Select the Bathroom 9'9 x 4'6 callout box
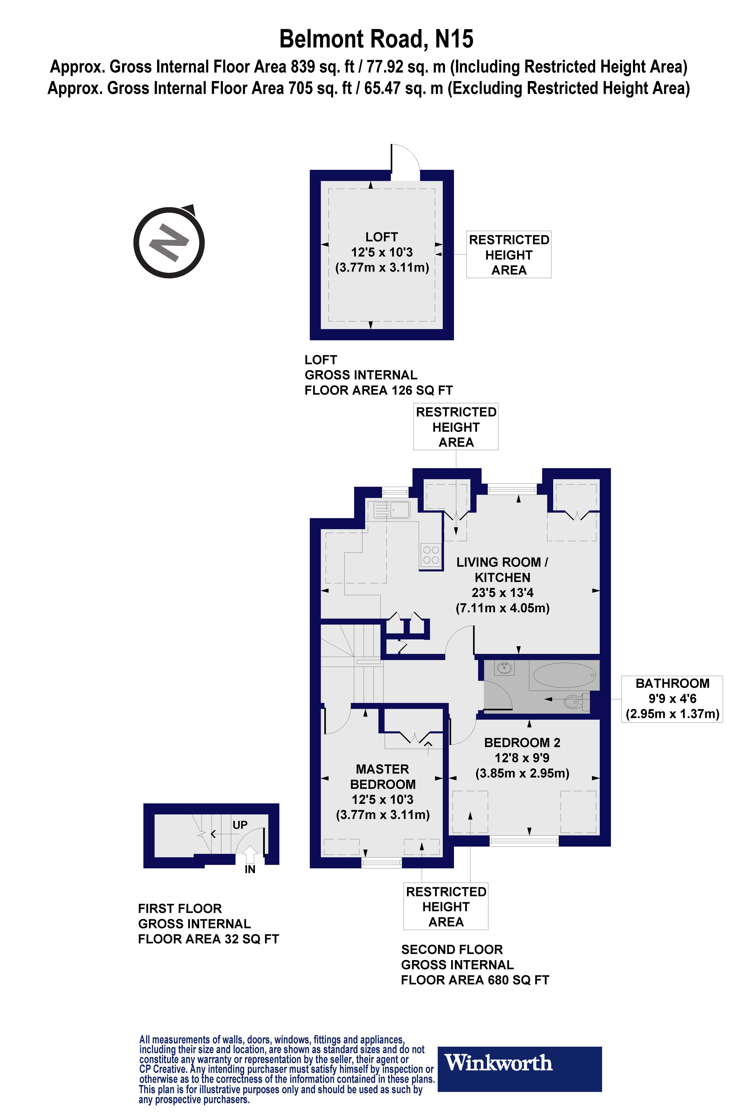click(672, 699)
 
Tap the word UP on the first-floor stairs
click(240, 825)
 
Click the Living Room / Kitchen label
click(502, 570)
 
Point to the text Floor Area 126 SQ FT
click(378, 390)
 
